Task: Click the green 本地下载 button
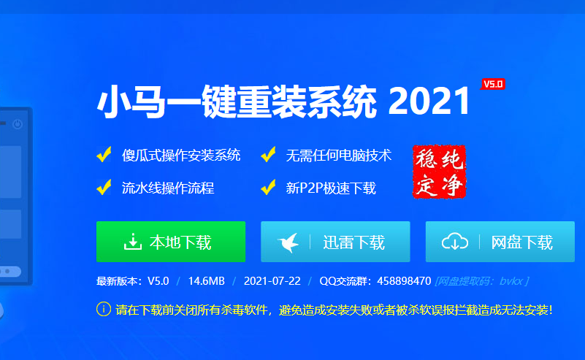click(170, 242)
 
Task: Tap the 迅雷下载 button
click(335, 242)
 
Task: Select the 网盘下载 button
click(500, 242)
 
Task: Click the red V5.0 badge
click(493, 84)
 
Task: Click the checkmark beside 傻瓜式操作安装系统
click(104, 155)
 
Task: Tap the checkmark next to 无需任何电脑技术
click(268, 155)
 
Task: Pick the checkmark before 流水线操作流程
click(104, 188)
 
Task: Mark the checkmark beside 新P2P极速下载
click(268, 188)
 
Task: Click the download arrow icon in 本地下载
click(132, 242)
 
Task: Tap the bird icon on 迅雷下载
click(288, 242)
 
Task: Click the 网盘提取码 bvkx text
click(481, 281)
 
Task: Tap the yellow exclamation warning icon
click(103, 309)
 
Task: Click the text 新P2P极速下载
click(331, 188)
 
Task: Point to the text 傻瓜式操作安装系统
click(181, 156)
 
